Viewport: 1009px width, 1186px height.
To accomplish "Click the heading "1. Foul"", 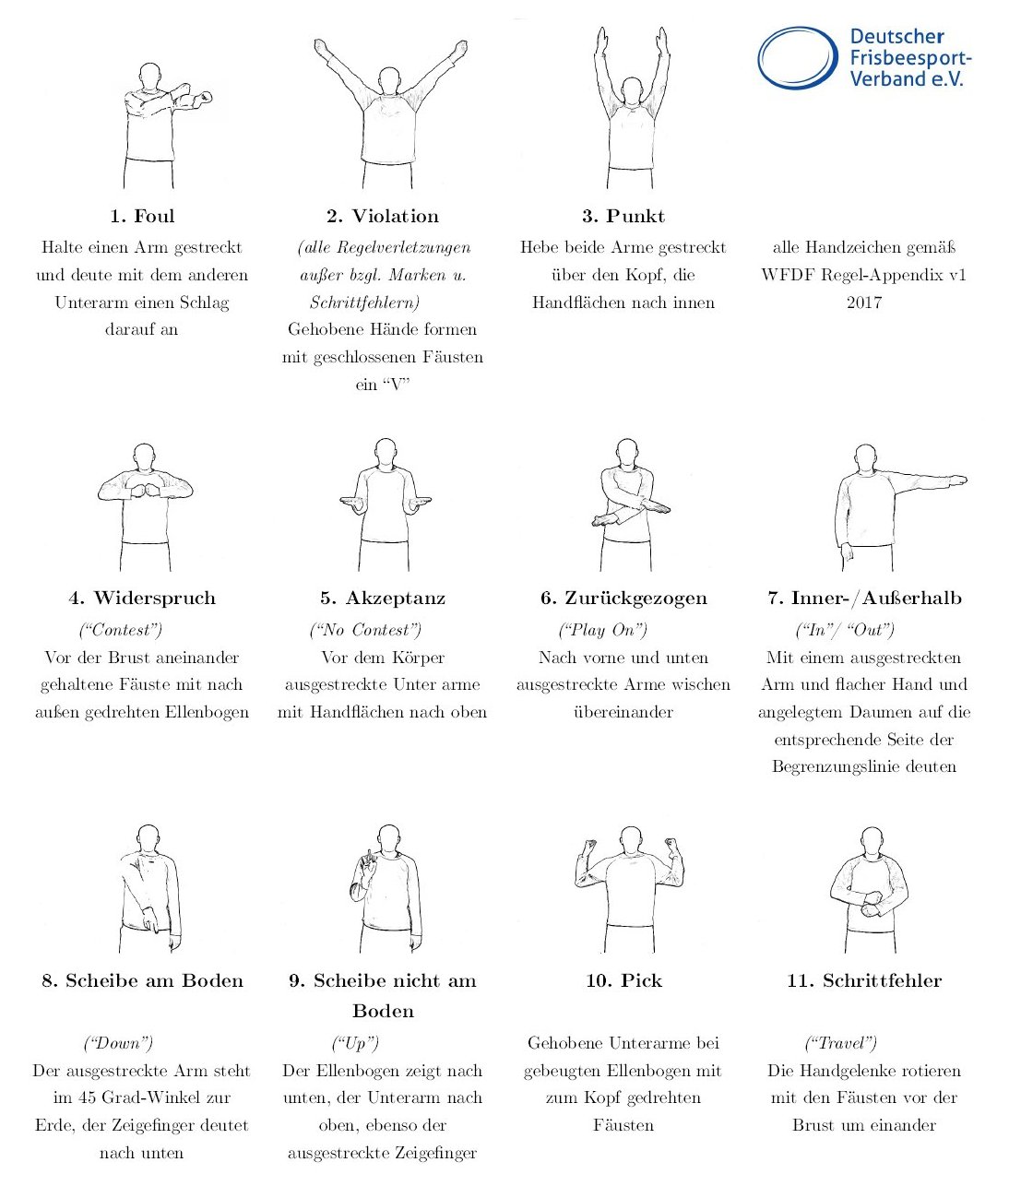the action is click(142, 217).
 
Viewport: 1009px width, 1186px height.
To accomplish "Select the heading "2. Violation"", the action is click(383, 217).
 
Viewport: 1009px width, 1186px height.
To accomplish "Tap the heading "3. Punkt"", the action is click(623, 217).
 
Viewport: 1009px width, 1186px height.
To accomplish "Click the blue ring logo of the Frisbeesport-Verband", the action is click(798, 57).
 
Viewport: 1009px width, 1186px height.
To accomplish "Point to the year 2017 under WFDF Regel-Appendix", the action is click(864, 302).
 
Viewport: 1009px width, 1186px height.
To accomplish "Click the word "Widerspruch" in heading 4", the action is click(155, 598).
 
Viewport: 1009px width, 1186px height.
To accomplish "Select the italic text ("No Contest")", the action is click(365, 630).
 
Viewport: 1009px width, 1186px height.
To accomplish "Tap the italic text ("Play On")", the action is click(602, 630).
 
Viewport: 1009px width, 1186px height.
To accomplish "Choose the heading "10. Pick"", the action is click(623, 980).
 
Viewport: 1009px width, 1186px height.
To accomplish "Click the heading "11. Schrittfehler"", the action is click(864, 980).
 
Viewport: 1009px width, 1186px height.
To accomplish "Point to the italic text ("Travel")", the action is click(841, 1042).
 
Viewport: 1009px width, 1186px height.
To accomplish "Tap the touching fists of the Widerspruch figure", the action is click(145, 492).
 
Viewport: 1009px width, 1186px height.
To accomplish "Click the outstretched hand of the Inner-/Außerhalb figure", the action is click(956, 480).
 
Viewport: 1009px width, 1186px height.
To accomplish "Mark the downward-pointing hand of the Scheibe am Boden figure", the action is click(151, 919).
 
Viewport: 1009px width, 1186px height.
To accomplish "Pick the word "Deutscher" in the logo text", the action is click(897, 37).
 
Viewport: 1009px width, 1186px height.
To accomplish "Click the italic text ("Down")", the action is click(118, 1042).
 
